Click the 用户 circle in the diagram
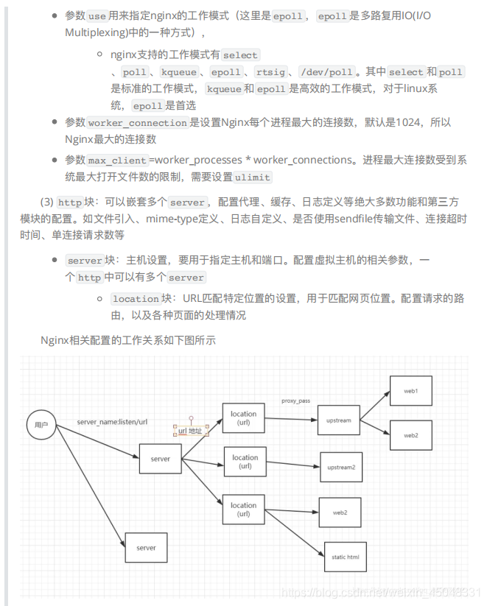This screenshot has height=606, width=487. coord(41,425)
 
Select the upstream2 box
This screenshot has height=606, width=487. coord(341,467)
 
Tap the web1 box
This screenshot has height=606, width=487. coord(410,390)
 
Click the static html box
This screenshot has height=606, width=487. coord(345,557)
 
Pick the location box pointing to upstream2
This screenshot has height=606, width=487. coord(245,462)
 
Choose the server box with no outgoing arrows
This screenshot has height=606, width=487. coord(146,548)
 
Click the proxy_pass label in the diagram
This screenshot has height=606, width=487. coord(295,401)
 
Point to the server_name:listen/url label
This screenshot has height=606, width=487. coord(113,422)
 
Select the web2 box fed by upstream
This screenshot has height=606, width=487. coord(410,435)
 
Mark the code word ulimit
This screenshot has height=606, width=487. coord(253,177)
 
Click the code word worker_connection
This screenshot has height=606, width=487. coord(138,123)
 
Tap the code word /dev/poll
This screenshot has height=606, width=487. coord(326,72)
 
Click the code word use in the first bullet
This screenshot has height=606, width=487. coord(97,15)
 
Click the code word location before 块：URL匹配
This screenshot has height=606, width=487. coord(136,298)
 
